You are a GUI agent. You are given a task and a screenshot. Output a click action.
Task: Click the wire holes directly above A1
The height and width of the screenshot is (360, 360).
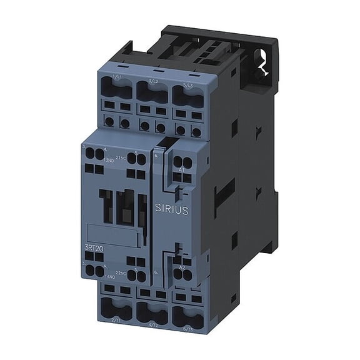point(181,156)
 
